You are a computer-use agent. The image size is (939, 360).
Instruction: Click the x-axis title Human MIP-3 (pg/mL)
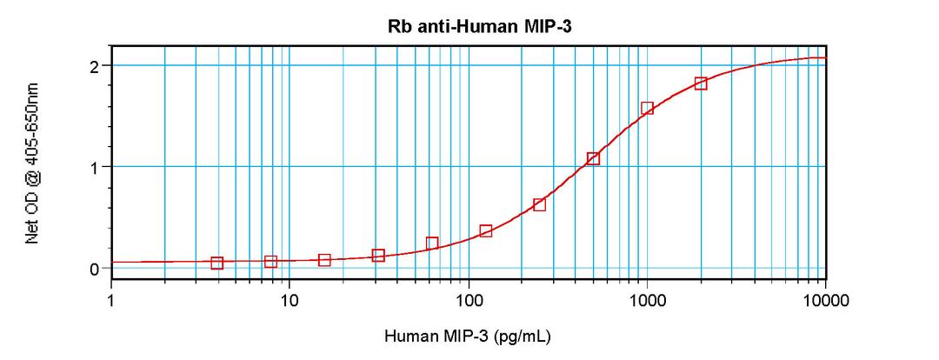pyautogui.click(x=468, y=335)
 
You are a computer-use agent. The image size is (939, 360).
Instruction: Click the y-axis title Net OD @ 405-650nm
pyautogui.click(x=32, y=163)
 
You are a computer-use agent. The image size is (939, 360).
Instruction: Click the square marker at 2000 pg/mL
pyautogui.click(x=701, y=83)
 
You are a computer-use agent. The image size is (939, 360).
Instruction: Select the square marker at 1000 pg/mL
pyautogui.click(x=647, y=108)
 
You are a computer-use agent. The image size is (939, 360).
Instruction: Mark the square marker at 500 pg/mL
pyautogui.click(x=593, y=158)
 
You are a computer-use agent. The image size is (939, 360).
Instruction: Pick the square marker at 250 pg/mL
pyautogui.click(x=539, y=204)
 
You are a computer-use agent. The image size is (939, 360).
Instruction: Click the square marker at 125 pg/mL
pyautogui.click(x=486, y=230)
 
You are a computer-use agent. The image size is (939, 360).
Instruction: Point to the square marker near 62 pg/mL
pyautogui.click(x=432, y=243)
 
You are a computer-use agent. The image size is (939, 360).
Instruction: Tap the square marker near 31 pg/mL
pyautogui.click(x=378, y=255)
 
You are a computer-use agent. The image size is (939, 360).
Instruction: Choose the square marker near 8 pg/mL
pyautogui.click(x=270, y=262)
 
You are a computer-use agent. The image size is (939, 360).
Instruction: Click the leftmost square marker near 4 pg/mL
pyautogui.click(x=217, y=263)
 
